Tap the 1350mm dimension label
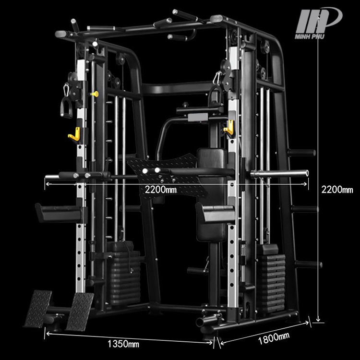click(x=123, y=344)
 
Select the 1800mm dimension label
click(x=274, y=338)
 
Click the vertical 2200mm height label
click(x=337, y=190)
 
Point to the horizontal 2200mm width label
click(x=161, y=190)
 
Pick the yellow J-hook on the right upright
click(x=229, y=127)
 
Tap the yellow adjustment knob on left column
click(x=95, y=94)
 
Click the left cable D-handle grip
click(x=66, y=108)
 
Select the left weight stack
click(x=124, y=273)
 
